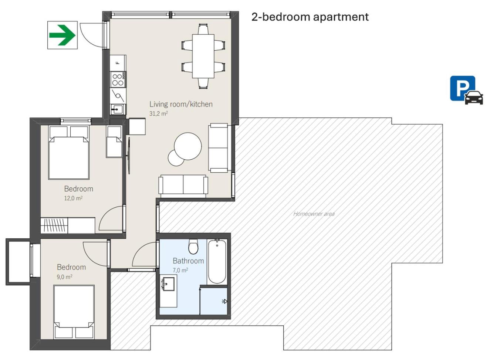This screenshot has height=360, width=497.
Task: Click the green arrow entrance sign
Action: (62, 35)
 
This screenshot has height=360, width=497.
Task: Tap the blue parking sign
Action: (466, 90)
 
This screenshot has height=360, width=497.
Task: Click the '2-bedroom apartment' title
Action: (310, 17)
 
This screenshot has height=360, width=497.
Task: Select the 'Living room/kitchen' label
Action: (181, 104)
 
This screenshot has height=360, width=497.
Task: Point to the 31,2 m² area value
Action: (158, 113)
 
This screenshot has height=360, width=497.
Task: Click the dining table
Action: (203, 56)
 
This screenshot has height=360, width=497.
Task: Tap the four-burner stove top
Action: (118, 79)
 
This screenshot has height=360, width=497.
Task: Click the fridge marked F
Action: (118, 63)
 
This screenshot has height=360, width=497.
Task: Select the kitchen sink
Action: (118, 109)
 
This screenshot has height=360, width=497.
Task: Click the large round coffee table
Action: (188, 146)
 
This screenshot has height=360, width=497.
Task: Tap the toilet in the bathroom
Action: (193, 247)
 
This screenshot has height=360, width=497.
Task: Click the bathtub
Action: (217, 262)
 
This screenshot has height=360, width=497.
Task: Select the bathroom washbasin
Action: (168, 284)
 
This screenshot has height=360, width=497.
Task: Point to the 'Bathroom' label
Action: (188, 261)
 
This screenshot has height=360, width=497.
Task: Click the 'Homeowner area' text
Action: (314, 214)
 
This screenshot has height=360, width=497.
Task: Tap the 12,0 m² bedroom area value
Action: (73, 198)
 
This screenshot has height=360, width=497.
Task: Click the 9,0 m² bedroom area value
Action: (65, 277)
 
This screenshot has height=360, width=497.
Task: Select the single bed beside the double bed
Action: (114, 142)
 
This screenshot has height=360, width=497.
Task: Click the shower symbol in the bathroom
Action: (224, 301)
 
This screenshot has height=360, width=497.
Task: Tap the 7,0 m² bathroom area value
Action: (180, 270)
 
